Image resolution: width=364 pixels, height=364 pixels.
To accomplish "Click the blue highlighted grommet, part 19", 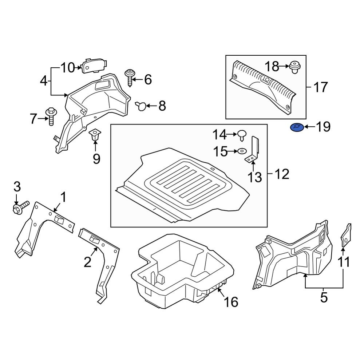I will click(296, 128).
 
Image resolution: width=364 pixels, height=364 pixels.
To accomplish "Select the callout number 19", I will click(323, 127).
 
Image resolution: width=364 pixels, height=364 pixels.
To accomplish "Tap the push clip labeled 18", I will click(295, 68).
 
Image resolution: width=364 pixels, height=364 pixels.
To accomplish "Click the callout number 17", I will click(320, 87).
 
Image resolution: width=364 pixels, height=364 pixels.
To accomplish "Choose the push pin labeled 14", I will click(242, 135).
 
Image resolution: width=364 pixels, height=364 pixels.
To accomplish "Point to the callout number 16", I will click(232, 302).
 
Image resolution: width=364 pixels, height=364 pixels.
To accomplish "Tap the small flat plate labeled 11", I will click(346, 235).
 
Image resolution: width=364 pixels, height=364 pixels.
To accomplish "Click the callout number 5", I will click(324, 298).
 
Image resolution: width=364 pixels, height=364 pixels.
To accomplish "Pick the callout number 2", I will click(87, 262).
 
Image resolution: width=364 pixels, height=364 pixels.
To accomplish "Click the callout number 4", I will click(43, 80).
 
